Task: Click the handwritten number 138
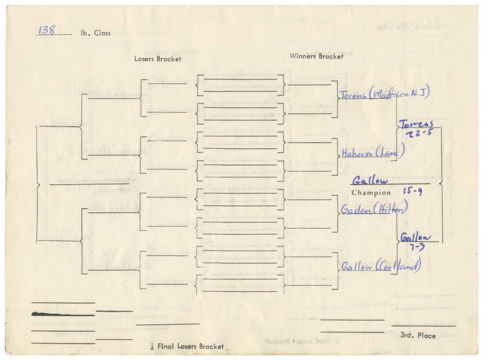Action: [47, 31]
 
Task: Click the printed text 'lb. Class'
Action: [96, 33]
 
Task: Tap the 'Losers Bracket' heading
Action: [158, 59]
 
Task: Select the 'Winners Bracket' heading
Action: [316, 56]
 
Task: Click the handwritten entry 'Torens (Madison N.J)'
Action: [384, 94]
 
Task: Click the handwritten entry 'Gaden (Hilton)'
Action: [374, 209]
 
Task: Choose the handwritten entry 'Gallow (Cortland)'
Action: [380, 267]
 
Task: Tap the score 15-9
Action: [412, 192]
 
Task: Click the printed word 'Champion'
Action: [371, 193]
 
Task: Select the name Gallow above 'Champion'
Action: [370, 180]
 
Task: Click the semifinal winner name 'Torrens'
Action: [416, 124]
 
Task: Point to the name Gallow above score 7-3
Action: [416, 237]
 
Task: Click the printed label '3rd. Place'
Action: [417, 335]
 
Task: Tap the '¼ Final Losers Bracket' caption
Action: [185, 346]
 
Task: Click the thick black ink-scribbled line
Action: [63, 313]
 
